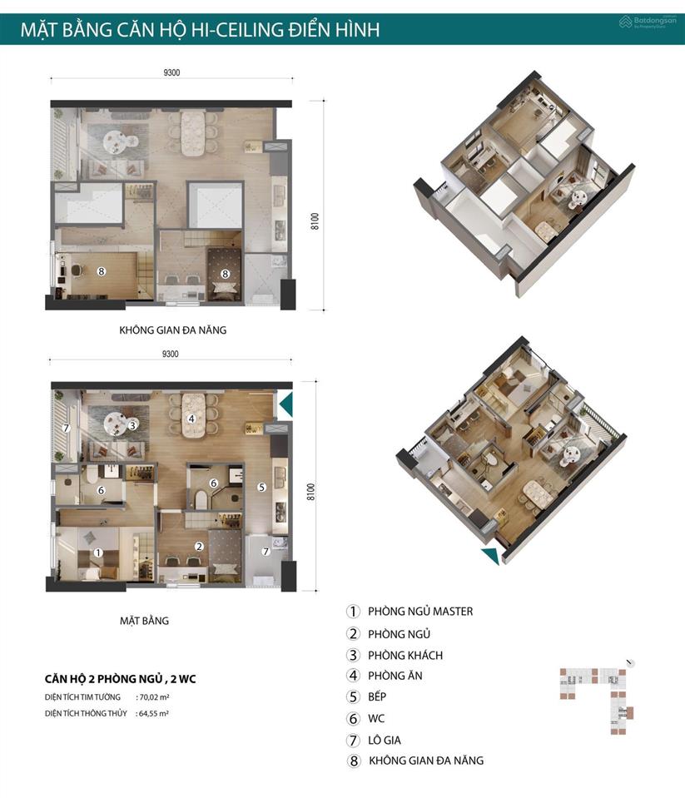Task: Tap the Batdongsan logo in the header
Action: (x=648, y=22)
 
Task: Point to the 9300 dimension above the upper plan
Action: (x=171, y=72)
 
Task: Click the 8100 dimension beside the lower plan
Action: (x=311, y=492)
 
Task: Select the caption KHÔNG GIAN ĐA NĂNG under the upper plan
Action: (x=172, y=330)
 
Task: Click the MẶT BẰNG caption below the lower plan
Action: (x=144, y=621)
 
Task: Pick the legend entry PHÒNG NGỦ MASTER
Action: (x=420, y=612)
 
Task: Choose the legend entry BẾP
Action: (x=377, y=696)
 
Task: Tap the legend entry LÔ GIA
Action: (x=385, y=740)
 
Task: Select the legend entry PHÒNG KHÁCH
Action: (x=405, y=655)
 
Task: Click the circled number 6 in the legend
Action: (x=353, y=719)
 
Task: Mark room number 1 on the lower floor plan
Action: (x=98, y=553)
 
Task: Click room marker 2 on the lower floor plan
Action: (x=199, y=546)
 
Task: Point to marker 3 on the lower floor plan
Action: (x=132, y=425)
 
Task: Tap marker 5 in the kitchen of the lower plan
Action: (x=261, y=487)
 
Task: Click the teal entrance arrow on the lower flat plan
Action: (x=286, y=404)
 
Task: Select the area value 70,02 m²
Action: (x=154, y=697)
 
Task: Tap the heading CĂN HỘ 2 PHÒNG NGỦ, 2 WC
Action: (x=120, y=679)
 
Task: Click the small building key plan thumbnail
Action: (x=597, y=698)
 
